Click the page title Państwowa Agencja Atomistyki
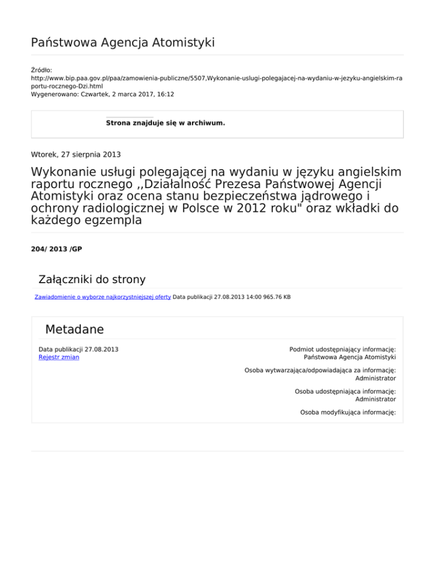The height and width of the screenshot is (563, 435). [x=122, y=42]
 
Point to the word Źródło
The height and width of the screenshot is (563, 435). [x=41, y=70]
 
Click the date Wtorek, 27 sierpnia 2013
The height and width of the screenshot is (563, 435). [x=75, y=153]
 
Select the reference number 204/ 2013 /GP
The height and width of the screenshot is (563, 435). [x=57, y=249]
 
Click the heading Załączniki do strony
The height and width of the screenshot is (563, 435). [x=91, y=279]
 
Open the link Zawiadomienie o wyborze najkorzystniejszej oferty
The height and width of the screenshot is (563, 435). [x=103, y=297]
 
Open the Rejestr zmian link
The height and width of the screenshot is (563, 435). [x=59, y=357]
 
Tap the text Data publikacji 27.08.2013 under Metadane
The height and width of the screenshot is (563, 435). [x=78, y=349]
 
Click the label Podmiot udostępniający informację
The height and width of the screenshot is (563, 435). [x=342, y=349]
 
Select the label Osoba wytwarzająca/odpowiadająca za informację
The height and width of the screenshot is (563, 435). [x=319, y=370]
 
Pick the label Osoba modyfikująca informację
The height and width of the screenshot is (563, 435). [x=348, y=412]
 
